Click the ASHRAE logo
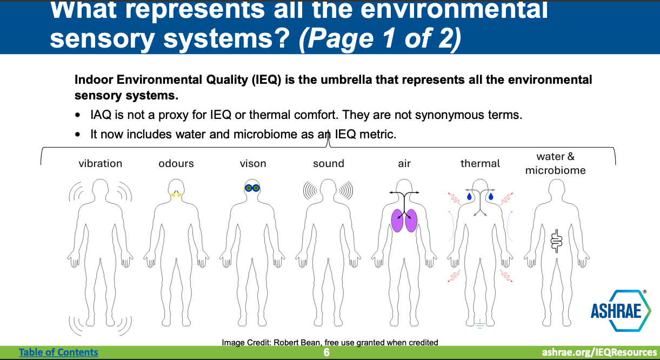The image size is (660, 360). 621,310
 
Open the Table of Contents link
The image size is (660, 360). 58,352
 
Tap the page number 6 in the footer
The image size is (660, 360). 326,352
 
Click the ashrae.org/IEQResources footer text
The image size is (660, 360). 599,352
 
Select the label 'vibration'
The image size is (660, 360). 100,163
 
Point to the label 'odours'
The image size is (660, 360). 176,163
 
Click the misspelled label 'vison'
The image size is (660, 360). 253,163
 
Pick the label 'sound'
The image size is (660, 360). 329,163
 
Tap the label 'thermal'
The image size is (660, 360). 480,163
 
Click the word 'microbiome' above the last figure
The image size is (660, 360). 555,171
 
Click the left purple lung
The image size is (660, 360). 397,221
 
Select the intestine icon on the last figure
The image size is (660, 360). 556,241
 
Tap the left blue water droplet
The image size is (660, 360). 469,197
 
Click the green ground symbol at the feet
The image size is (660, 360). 479,324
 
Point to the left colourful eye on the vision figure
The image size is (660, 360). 249,188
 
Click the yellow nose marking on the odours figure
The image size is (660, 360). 176,194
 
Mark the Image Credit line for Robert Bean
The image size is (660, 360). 330,343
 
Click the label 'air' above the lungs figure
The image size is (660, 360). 404,163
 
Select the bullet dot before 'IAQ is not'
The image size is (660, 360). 77,115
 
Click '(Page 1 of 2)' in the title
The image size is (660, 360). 380,38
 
